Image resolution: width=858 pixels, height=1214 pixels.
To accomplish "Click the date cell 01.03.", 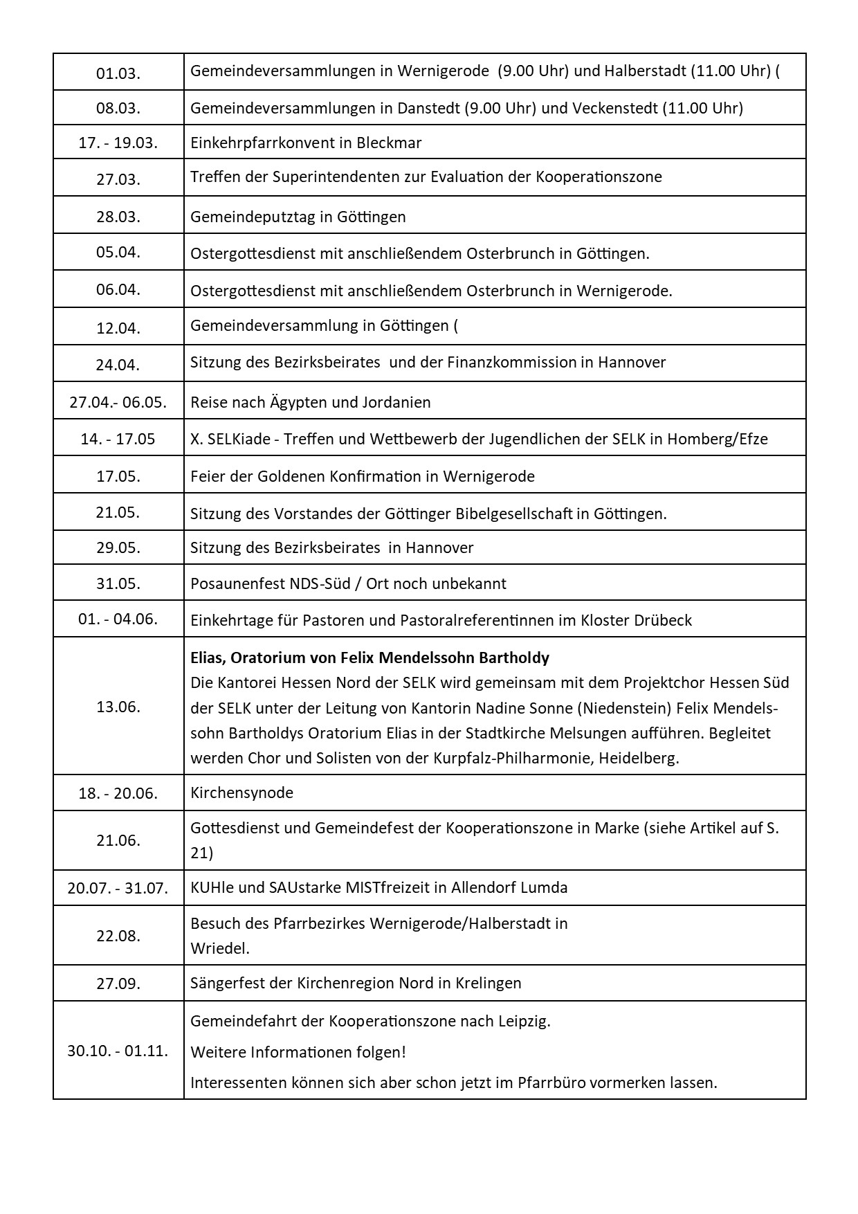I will [x=118, y=73].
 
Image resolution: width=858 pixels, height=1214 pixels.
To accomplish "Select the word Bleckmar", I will [x=389, y=143].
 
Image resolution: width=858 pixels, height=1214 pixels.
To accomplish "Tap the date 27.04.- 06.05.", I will [x=118, y=402].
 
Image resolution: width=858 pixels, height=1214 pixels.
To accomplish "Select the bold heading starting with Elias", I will [x=369, y=658].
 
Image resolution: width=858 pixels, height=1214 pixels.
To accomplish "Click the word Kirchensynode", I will [x=241, y=793].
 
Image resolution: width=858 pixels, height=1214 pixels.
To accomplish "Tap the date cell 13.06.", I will [x=118, y=707].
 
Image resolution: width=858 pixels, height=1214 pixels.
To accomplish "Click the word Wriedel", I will [x=220, y=948].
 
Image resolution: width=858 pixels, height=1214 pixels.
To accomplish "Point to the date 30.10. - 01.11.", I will [x=118, y=1051].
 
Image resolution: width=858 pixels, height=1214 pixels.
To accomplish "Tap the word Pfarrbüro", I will [x=552, y=1082].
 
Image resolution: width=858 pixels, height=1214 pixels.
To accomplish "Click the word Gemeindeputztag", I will [x=253, y=217].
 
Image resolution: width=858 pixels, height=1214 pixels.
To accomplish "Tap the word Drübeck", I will [x=662, y=620].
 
